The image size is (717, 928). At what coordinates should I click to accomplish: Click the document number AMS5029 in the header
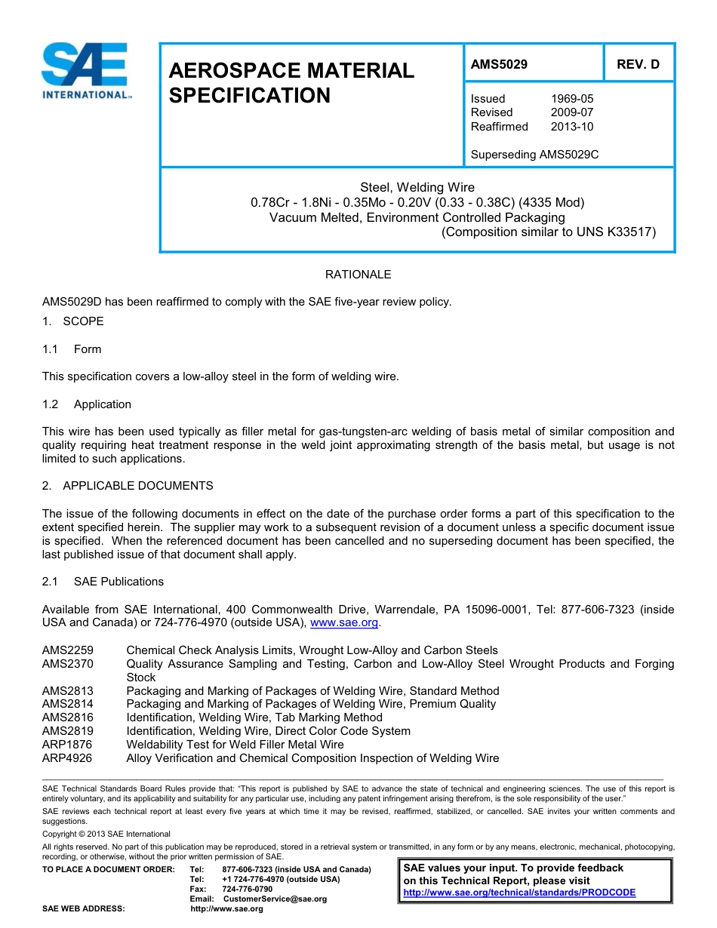[x=499, y=65]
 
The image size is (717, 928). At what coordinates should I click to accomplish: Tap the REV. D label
[x=638, y=65]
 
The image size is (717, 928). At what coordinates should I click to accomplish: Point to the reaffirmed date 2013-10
[x=572, y=127]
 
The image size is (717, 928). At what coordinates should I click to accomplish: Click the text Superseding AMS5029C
[x=534, y=155]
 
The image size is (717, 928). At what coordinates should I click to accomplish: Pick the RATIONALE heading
[x=358, y=275]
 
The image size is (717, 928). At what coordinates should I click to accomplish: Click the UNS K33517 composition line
[x=548, y=232]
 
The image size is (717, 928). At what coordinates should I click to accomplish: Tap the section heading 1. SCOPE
[x=73, y=321]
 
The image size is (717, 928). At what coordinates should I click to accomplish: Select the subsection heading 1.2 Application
[x=88, y=404]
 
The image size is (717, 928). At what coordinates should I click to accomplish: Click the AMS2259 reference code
[x=68, y=650]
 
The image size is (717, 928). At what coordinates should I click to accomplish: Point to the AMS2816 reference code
[x=68, y=718]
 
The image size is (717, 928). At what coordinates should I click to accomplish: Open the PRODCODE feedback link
[x=519, y=893]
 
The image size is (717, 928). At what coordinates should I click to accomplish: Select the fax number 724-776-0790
[x=248, y=890]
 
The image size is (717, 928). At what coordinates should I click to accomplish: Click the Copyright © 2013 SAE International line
[x=106, y=834]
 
